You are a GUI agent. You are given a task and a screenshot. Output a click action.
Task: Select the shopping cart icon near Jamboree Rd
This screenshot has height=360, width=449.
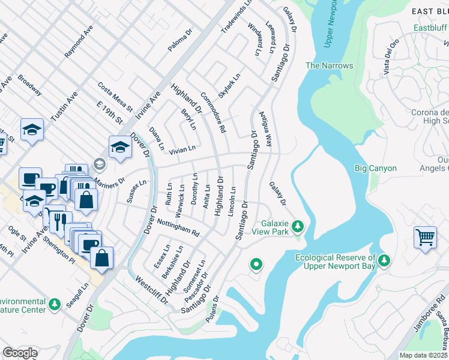click(425, 236)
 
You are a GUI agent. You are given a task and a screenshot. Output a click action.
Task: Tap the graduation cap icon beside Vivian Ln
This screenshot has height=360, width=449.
click(120, 147)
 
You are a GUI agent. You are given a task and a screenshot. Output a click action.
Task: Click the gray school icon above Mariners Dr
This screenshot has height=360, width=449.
click(99, 164)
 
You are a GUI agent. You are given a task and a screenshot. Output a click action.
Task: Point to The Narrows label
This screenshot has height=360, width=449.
click(330, 65)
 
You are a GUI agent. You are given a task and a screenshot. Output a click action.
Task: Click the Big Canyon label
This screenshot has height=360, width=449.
click(376, 168)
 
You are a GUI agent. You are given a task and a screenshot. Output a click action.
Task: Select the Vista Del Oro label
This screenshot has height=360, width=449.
click(390, 58)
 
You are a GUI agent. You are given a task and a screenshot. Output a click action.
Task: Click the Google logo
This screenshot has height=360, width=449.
click(20, 353)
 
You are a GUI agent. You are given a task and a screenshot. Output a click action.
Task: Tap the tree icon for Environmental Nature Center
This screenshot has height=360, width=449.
click(55, 305)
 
